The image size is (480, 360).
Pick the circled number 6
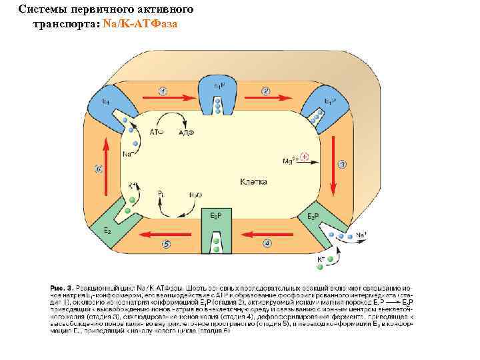tap(99, 169)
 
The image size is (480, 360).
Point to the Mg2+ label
tap(289, 161)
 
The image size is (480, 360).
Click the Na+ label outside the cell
tap(361, 235)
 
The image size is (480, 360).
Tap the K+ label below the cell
tap(321, 257)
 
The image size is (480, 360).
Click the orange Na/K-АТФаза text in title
tap(141, 23)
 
